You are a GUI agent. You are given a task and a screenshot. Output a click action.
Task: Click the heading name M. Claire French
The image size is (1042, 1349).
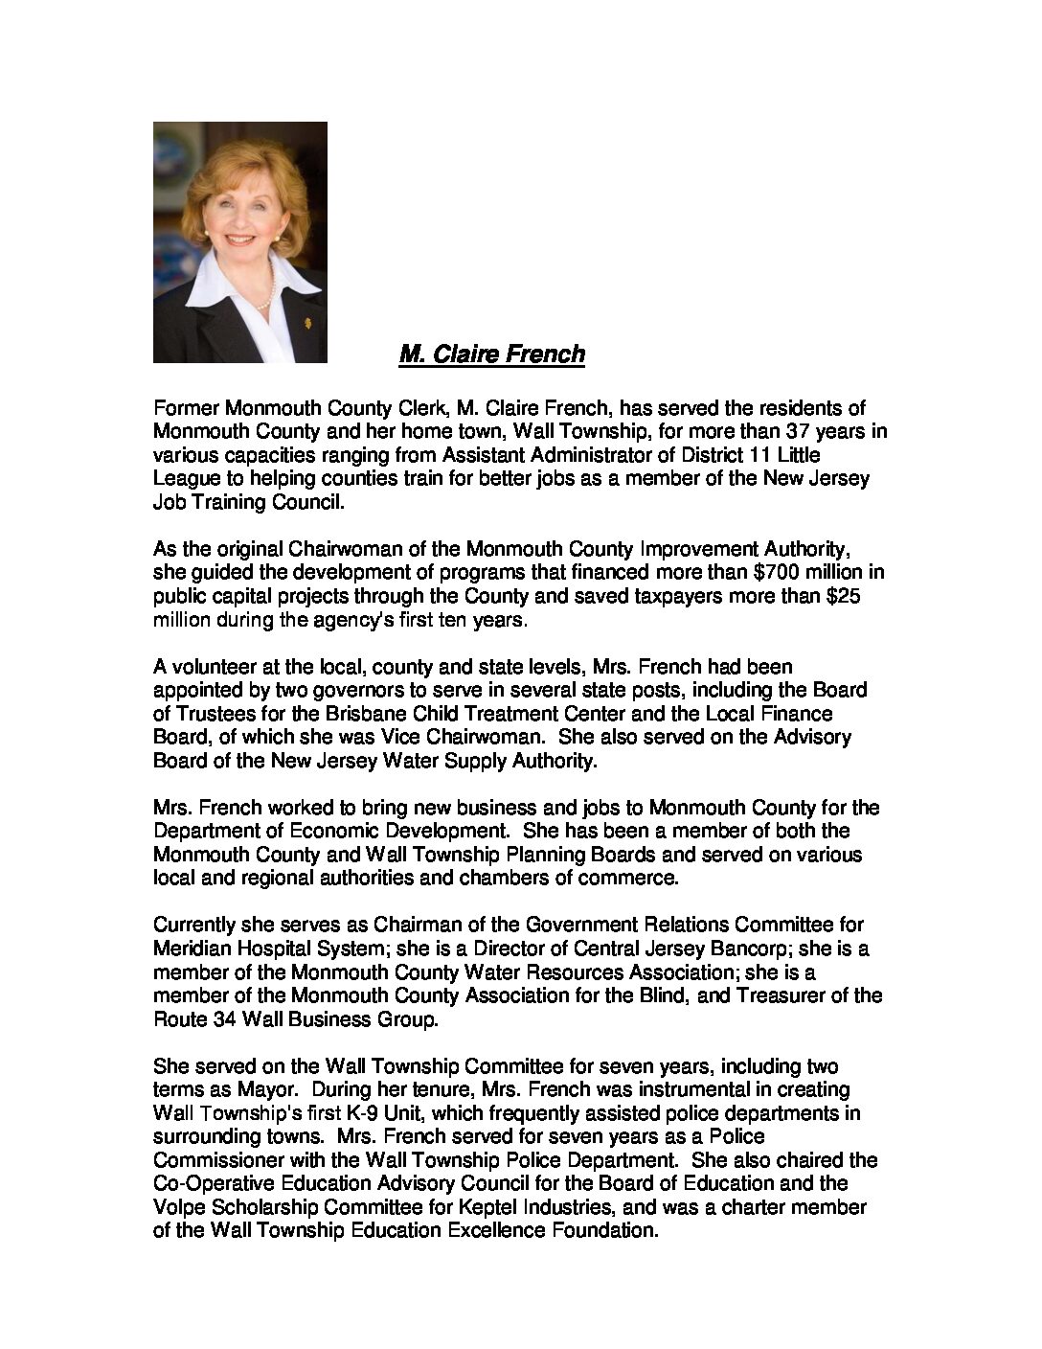coord(491,354)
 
